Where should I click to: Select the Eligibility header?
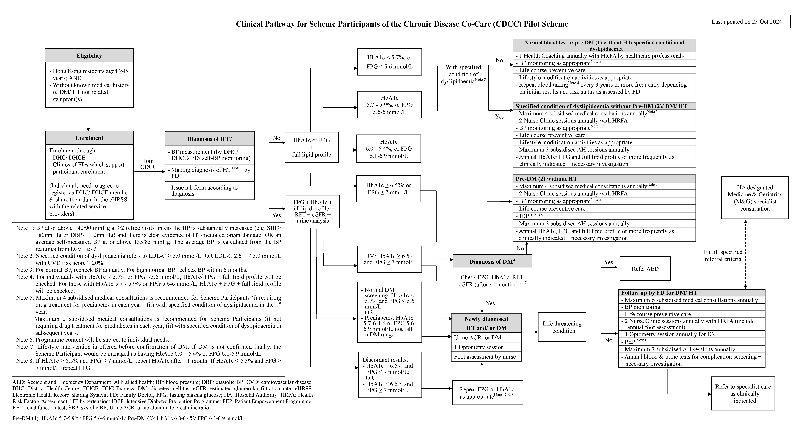[89, 56]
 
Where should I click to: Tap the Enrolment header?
[89, 138]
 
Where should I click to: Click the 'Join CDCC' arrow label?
[148, 164]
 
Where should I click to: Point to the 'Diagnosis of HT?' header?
[210, 139]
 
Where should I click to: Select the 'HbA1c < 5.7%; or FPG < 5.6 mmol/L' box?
[390, 62]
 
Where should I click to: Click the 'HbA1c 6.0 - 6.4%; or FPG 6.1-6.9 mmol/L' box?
[389, 149]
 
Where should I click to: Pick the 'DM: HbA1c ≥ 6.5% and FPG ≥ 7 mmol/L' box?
[390, 259]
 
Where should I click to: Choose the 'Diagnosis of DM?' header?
[492, 262]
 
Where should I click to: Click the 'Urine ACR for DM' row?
[486, 337]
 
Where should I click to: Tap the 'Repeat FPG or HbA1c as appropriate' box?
[487, 393]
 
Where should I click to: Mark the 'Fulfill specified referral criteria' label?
[723, 255]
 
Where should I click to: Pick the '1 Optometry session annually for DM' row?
[692, 334]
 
